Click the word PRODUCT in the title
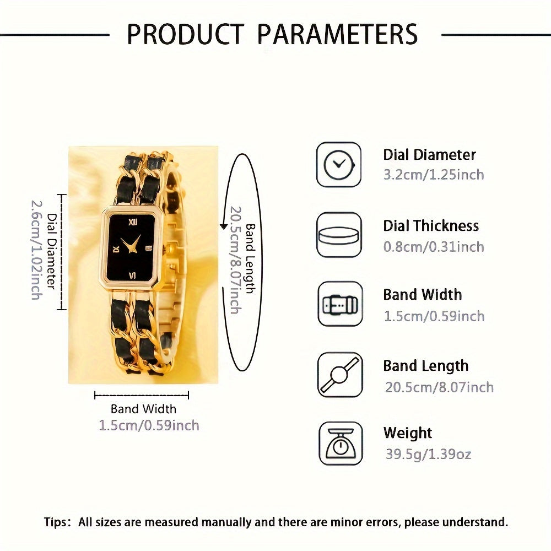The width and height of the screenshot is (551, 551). click(185, 34)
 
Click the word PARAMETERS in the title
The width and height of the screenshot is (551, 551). click(337, 34)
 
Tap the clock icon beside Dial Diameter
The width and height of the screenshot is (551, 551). click(339, 164)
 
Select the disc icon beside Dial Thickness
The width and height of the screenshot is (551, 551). click(339, 235)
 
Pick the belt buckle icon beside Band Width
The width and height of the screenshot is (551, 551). click(340, 304)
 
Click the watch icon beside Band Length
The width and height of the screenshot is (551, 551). click(340, 375)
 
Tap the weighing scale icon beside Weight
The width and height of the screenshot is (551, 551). click(341, 444)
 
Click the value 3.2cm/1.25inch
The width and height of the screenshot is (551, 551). click(434, 175)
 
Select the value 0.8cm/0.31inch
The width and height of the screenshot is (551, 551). click(434, 247)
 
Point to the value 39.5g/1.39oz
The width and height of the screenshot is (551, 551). click(428, 454)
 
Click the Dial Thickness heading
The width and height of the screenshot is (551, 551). click(431, 225)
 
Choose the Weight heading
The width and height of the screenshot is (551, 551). click(408, 433)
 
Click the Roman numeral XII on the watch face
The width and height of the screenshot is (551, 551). click(132, 222)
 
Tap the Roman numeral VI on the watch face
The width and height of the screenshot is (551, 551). click(133, 275)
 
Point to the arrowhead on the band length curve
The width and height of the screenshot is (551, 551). click(224, 226)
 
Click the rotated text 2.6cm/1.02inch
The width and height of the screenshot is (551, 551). click(36, 250)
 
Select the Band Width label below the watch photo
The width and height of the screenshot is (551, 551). click(143, 409)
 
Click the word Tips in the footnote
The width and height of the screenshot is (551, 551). click(55, 522)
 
